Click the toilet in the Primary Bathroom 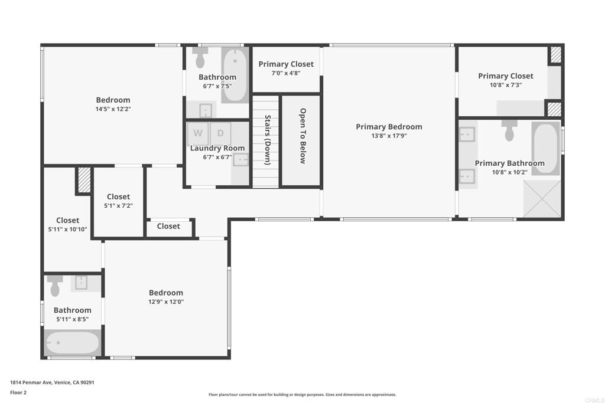509,130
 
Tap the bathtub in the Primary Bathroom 545,148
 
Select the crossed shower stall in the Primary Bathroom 541,199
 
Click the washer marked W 198,133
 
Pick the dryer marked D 220,133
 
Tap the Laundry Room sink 240,159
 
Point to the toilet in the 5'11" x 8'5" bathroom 56,287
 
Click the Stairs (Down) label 267,140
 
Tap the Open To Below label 302,136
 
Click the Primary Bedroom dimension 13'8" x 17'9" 389,136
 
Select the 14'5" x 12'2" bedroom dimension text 113,109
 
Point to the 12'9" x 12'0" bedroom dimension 165,302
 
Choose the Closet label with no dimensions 168,226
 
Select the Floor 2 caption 18,392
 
